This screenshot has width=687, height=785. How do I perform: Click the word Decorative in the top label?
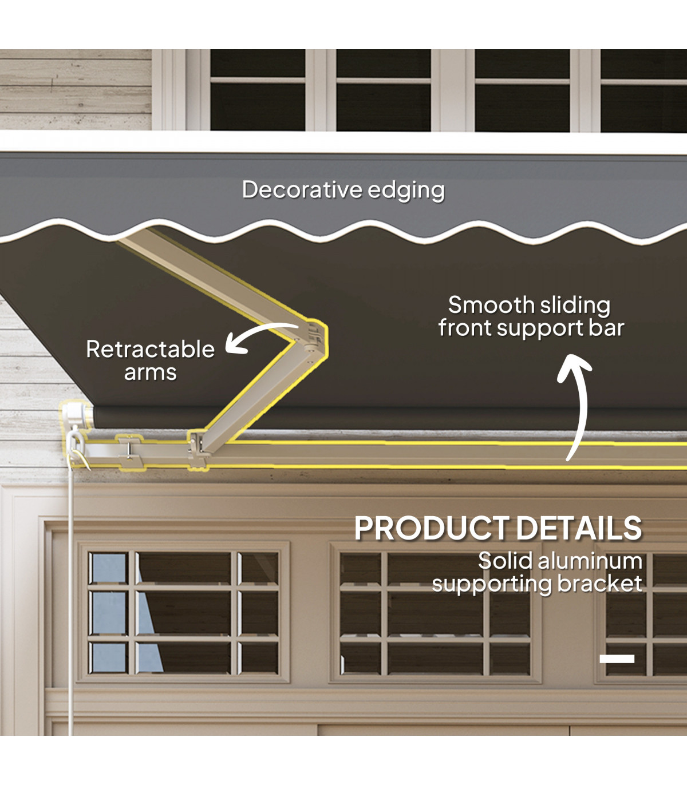(x=302, y=190)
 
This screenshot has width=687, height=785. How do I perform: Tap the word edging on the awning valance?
(x=406, y=191)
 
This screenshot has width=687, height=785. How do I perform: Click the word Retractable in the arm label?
(x=150, y=349)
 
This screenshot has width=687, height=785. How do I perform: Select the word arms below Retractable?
(x=150, y=372)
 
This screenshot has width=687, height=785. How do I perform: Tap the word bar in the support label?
(x=607, y=328)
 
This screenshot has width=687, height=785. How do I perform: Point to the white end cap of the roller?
(x=75, y=414)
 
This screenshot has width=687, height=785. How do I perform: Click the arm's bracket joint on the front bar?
(x=198, y=449)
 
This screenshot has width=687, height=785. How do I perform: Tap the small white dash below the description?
(x=617, y=659)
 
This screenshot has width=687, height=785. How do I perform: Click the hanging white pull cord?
(x=70, y=601)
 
